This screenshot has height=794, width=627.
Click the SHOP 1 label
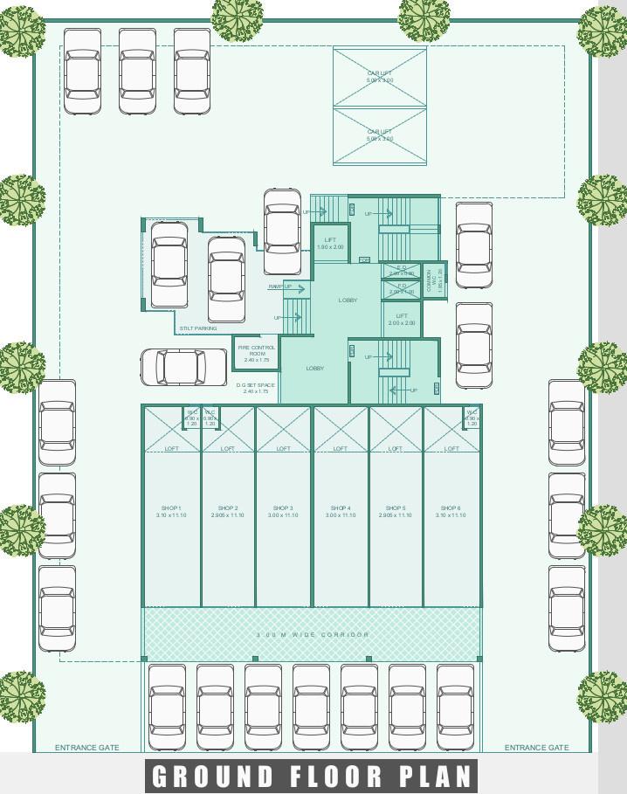171,511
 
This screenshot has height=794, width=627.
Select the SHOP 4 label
341,511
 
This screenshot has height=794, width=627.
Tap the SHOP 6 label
451,511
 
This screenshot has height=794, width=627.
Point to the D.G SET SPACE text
255,388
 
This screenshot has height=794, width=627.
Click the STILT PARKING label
198,328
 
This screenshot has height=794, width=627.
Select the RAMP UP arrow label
280,287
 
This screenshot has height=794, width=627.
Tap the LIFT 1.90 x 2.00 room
330,244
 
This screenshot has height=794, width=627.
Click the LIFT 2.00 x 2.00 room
402,320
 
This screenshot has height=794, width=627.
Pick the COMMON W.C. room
434,280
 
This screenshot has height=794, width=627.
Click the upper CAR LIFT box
380,77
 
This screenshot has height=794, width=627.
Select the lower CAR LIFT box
380,135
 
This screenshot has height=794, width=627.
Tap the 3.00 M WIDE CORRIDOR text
313,634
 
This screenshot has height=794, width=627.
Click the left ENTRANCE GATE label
87,748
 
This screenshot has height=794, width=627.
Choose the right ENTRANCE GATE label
536,748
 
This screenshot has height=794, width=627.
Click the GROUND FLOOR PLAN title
313,776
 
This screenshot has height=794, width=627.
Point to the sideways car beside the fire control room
184,367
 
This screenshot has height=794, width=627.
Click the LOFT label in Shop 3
283,448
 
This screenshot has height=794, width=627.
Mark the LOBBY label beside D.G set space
315,369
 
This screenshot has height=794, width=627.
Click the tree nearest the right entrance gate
602,696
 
